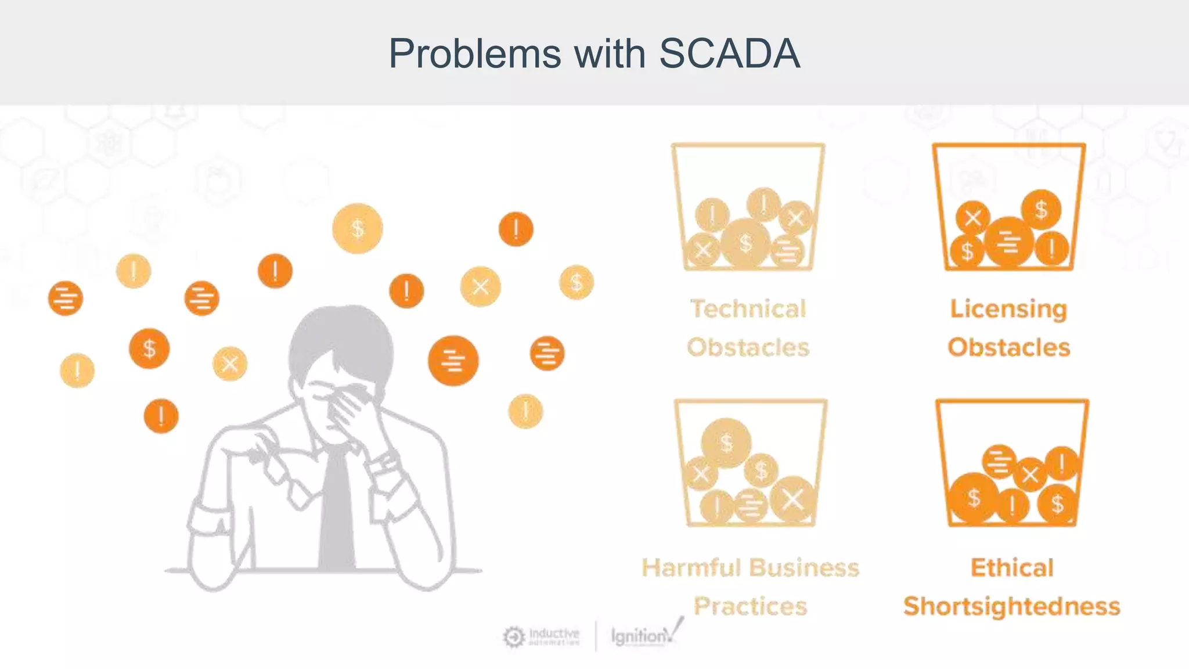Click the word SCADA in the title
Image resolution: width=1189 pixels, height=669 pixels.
click(729, 53)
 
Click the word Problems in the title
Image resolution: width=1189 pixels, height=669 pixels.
click(475, 53)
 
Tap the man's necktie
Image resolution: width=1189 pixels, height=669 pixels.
click(337, 511)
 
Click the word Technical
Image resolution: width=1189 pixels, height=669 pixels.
click(748, 309)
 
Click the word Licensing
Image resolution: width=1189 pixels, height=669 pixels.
click(1008, 309)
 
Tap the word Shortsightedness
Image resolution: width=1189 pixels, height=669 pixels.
click(1011, 606)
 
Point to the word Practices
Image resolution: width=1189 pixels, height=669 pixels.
click(750, 606)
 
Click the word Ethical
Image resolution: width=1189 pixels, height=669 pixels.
click(1012, 568)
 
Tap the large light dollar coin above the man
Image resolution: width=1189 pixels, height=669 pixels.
click(357, 228)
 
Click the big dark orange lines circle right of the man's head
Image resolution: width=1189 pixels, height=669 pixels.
click(453, 361)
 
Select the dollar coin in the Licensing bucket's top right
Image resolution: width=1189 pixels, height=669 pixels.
click(1041, 210)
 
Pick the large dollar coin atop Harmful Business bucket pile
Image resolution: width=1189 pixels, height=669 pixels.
click(726, 443)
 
